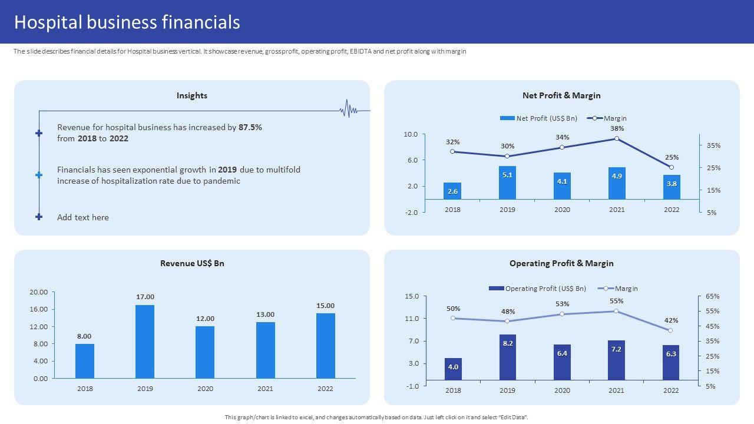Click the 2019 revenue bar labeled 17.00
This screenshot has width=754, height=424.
tap(145, 342)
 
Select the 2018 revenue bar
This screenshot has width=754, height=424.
tap(85, 361)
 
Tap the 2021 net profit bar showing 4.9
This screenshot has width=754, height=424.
tap(617, 183)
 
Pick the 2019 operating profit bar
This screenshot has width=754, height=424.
tap(508, 357)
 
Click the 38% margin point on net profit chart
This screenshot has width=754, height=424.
tap(617, 138)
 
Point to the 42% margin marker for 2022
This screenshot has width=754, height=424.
tap(670, 330)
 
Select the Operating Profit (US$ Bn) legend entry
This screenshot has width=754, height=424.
tap(538, 289)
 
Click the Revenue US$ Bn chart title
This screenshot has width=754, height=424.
tap(192, 263)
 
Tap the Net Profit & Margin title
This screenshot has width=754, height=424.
tap(561, 95)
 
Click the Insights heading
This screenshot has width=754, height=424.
tap(192, 95)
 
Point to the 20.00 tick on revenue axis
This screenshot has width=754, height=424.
tap(39, 292)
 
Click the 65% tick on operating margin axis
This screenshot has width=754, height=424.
tap(712, 296)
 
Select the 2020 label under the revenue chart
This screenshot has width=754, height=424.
tap(205, 389)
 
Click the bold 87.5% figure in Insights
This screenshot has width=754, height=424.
tap(250, 127)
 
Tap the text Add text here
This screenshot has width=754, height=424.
tap(83, 217)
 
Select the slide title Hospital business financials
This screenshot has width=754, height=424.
tap(127, 22)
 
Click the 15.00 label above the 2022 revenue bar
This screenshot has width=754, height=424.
tap(325, 306)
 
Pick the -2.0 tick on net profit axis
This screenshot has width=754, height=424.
tap(410, 212)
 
